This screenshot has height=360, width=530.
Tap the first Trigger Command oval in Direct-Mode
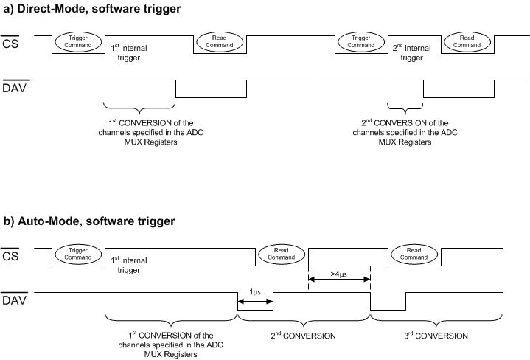(x=79, y=41)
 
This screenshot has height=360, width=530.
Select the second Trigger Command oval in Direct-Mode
(x=362, y=41)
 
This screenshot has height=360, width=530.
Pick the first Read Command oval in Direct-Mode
(x=219, y=41)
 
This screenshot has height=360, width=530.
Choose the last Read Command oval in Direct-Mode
(x=467, y=41)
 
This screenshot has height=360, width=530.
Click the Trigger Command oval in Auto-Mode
(x=78, y=253)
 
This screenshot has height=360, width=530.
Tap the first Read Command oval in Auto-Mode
(x=281, y=253)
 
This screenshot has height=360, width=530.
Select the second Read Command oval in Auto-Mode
(x=415, y=253)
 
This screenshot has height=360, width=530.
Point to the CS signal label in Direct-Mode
(x=11, y=44)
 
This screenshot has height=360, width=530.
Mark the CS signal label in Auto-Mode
(x=11, y=256)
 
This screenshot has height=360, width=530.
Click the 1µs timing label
(x=255, y=292)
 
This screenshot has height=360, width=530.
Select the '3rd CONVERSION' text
(x=436, y=336)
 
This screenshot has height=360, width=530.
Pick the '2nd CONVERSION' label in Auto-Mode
(x=304, y=336)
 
